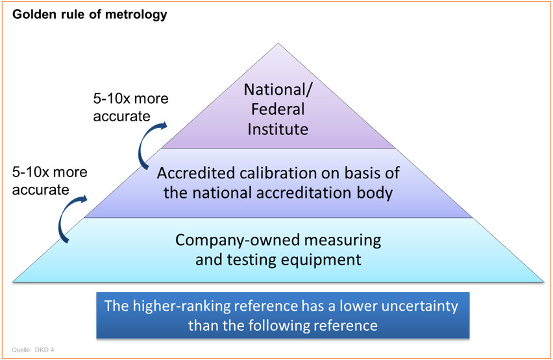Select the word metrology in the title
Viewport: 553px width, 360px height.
point(140,14)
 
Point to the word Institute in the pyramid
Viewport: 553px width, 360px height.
point(277,128)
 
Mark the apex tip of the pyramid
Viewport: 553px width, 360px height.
point(278,44)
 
